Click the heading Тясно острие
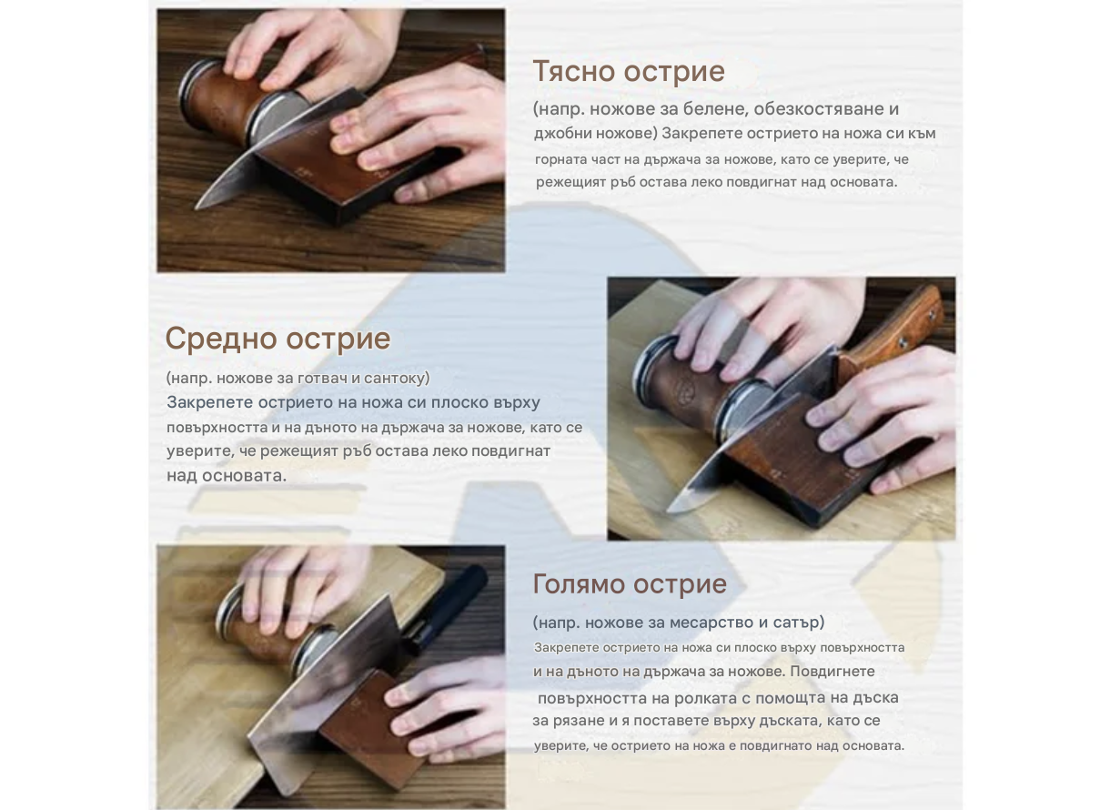click(628, 71)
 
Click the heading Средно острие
click(277, 339)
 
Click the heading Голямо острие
click(630, 583)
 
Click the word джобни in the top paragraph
click(564, 134)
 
